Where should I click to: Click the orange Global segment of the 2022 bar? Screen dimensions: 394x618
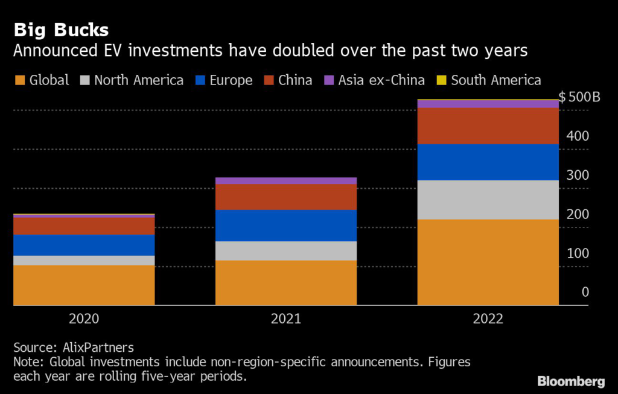pos(488,262)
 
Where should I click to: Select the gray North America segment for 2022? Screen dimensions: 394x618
pos(488,199)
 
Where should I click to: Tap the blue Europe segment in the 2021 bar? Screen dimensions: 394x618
pos(286,225)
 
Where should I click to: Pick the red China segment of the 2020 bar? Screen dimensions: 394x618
pos(84,226)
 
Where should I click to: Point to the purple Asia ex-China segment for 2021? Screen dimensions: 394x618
pos(286,181)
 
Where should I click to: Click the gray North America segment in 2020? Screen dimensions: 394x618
pos(84,260)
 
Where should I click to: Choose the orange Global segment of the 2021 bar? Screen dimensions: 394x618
pos(286,282)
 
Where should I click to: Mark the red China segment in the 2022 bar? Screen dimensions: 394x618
pos(488,126)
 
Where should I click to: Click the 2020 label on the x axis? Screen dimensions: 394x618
pos(84,319)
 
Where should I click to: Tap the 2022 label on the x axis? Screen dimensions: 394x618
pos(488,319)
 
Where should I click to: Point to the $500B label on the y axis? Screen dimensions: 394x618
pos(579,97)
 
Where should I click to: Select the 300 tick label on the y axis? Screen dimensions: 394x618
pos(578,176)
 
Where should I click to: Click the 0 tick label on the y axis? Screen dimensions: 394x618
pos(585,293)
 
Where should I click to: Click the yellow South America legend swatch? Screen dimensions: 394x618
pos(442,80)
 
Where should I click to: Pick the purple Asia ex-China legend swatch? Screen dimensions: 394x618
pos(330,80)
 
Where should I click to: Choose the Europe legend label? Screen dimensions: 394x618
pos(231,80)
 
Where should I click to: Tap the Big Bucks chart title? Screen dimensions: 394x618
pos(62,30)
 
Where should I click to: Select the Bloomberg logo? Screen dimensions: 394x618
pos(571,381)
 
